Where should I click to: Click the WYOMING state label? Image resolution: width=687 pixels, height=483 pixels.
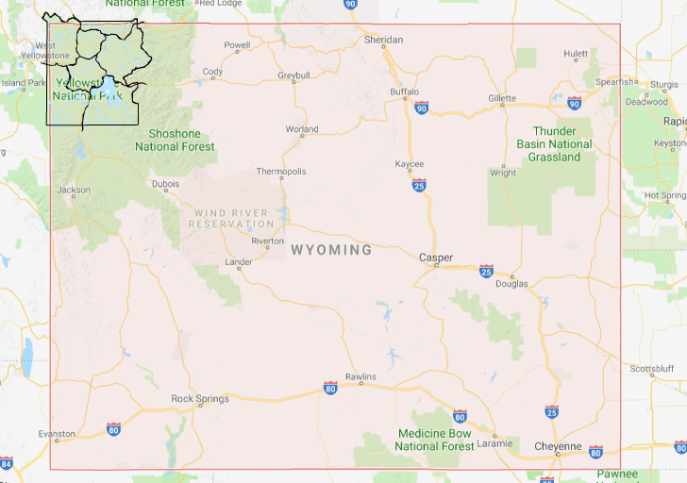point(331,250)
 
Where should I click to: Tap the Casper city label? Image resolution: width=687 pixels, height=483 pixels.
point(435,258)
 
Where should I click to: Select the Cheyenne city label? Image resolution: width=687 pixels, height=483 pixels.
point(557,446)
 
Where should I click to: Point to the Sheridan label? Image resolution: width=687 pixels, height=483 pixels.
point(384,40)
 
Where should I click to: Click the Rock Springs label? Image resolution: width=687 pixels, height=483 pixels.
point(200,399)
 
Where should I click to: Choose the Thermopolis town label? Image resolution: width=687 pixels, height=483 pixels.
point(281,172)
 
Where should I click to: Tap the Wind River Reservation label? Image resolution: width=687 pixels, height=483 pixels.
point(231,219)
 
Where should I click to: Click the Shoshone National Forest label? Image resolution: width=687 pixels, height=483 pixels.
point(175,141)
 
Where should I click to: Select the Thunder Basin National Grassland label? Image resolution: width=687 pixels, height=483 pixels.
point(554,144)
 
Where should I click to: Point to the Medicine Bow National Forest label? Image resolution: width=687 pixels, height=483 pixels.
point(434,440)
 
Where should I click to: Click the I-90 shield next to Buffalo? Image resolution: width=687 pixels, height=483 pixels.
point(420,108)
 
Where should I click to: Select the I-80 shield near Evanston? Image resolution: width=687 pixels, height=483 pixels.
point(113,429)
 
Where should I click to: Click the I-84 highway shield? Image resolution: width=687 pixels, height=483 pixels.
point(7,464)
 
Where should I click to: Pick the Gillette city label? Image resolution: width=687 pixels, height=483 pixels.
point(502,98)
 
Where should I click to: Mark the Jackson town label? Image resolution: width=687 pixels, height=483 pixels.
point(74,190)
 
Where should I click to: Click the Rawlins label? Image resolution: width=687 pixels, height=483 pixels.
point(360,377)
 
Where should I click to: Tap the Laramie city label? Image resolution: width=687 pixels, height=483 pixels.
point(494,443)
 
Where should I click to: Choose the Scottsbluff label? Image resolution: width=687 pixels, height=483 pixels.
point(650,369)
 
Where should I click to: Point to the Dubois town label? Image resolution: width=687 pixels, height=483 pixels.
point(165,184)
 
